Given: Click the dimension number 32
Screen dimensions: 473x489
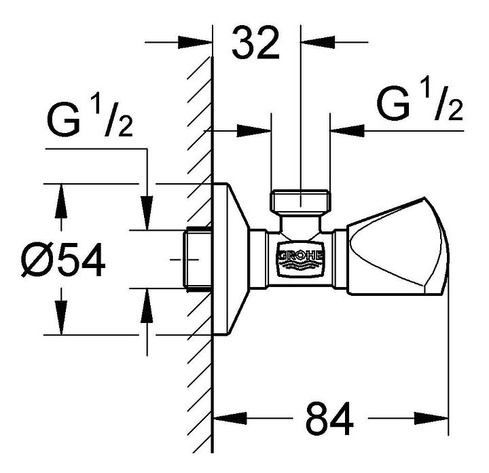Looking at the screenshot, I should click(255, 45).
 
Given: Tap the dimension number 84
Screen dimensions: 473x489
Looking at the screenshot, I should click(329, 419).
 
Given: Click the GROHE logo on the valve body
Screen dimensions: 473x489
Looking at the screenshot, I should click(300, 259).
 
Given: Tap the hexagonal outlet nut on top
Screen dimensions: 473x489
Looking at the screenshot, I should click(300, 201).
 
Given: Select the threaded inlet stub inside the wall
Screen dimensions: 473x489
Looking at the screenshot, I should click(198, 260).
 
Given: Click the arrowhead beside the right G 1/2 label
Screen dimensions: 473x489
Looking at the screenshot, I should click(344, 127).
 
